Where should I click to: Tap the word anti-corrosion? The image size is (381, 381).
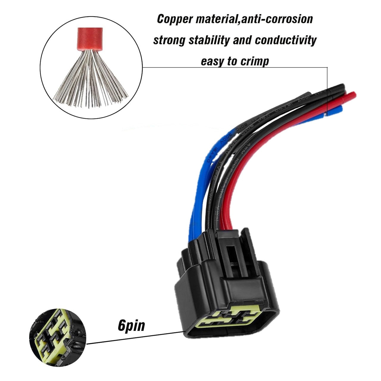click(277, 19)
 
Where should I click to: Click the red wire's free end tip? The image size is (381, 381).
click(353, 94)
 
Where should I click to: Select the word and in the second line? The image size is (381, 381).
click(243, 40)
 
